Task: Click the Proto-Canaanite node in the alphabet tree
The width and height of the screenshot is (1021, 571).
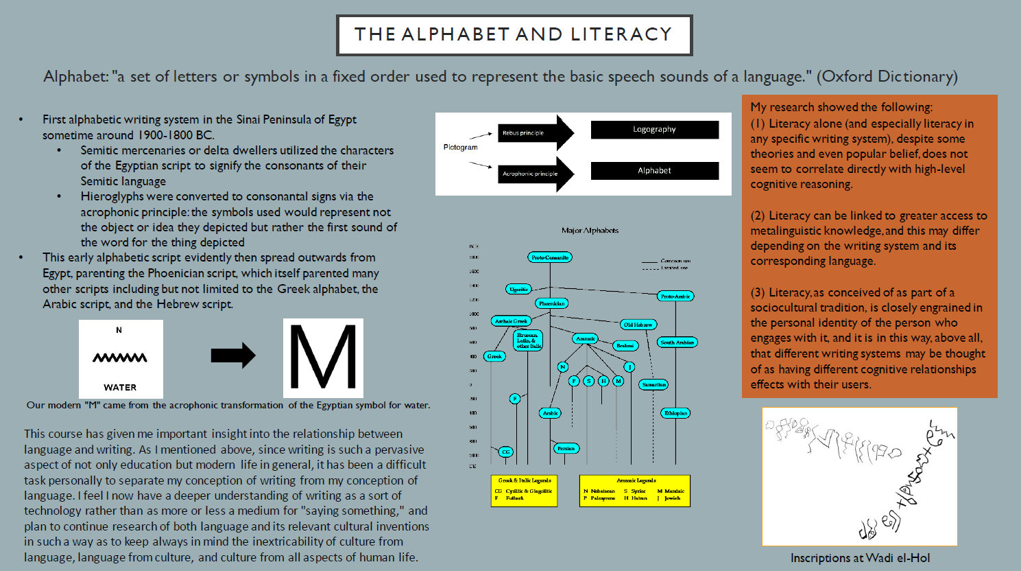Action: pos(550,257)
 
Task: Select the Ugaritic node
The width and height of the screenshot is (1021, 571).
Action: pos(518,290)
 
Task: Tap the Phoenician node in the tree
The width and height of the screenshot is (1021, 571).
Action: pos(551,303)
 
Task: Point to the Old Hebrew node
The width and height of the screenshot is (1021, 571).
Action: pos(638,325)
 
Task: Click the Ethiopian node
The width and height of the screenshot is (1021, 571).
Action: pos(675,413)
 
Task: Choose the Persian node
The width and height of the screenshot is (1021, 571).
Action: pos(566,448)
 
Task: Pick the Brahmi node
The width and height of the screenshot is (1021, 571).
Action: pos(625,346)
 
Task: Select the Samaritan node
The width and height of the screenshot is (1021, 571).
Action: pos(653,385)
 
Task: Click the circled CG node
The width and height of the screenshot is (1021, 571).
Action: pos(506,452)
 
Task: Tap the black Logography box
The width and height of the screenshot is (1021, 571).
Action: pos(654,130)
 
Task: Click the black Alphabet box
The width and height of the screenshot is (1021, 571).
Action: pos(654,171)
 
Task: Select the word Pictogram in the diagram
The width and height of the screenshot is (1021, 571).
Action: pos(460,148)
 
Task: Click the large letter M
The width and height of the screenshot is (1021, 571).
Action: pos(323,358)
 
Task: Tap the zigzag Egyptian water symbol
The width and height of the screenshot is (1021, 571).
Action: pos(120,358)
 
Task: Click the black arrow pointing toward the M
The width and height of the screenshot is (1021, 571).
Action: pos(233,355)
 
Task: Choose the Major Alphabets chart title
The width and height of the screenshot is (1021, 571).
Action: pos(590,231)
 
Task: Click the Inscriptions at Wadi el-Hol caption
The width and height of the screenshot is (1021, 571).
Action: pos(860,558)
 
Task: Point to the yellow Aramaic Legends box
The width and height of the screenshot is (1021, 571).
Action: pos(634,491)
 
